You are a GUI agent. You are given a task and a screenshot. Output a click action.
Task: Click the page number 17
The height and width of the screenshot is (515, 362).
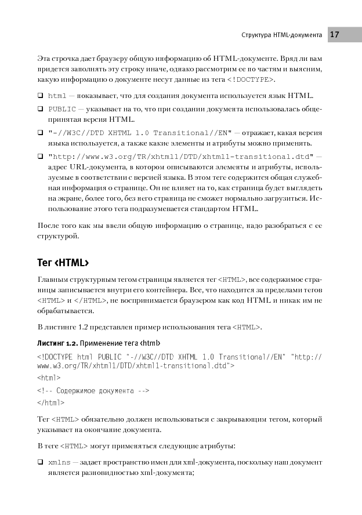(x=335, y=35)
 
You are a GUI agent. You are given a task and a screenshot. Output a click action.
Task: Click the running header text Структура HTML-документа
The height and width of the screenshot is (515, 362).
(x=281, y=35)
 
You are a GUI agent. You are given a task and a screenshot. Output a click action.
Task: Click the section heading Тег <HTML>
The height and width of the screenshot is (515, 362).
(x=63, y=263)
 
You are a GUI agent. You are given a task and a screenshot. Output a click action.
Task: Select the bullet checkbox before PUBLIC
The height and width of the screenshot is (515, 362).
(x=41, y=108)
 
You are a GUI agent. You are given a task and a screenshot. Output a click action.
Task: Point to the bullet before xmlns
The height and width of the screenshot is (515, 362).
(x=41, y=462)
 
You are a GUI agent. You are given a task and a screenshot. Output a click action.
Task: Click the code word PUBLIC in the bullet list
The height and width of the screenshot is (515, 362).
(x=60, y=108)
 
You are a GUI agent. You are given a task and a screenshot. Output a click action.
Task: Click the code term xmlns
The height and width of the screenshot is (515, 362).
(x=59, y=462)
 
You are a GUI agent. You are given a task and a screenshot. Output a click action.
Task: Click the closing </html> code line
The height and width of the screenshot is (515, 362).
(x=50, y=402)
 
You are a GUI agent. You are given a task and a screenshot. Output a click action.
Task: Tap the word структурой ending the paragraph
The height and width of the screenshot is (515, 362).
(x=57, y=237)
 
